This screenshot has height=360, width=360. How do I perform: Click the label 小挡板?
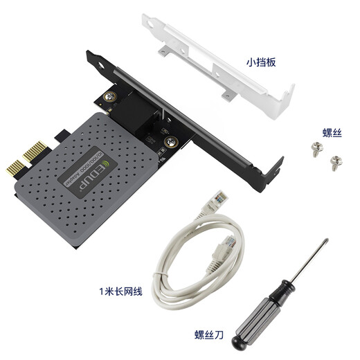pos(260,62)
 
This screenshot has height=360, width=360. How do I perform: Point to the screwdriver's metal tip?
pos(322,244)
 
